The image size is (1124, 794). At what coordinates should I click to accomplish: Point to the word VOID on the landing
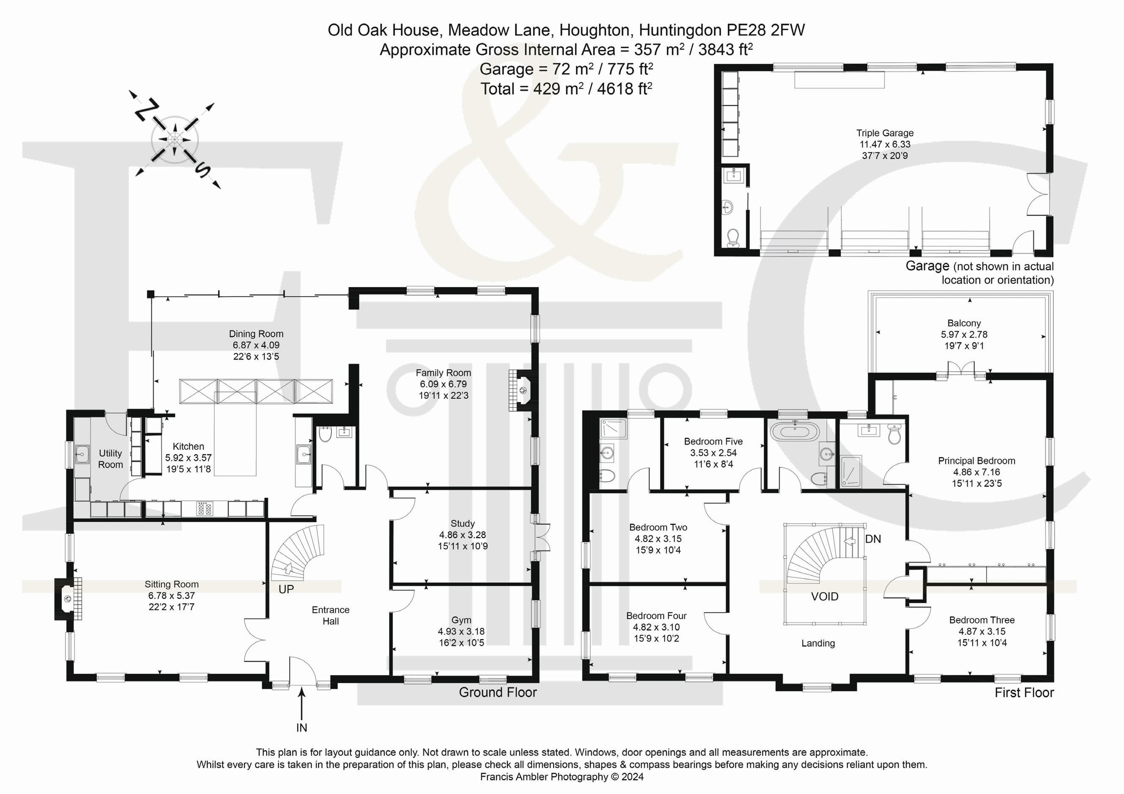point(824,597)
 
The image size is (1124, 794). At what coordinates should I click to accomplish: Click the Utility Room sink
point(81,455)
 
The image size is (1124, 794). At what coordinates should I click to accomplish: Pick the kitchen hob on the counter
point(204,509)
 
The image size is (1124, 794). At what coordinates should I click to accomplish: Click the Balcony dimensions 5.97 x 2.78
point(964,335)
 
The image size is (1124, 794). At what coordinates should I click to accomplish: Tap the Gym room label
point(461,620)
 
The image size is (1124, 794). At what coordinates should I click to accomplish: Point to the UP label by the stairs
point(286,590)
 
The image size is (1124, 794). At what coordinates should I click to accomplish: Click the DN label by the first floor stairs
point(873,539)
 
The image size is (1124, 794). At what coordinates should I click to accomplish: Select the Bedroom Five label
point(713,441)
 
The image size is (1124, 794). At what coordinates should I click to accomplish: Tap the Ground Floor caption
point(497,692)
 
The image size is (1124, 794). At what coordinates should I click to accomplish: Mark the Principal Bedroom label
point(976,460)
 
